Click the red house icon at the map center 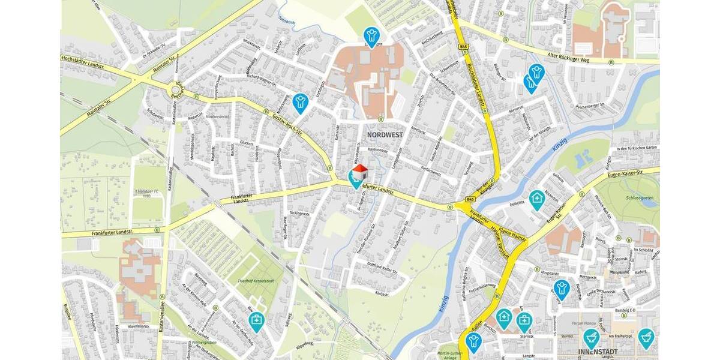point(359,173)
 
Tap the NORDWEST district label point(384,135)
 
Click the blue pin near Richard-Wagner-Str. point(301,103)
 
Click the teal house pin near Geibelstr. point(536,199)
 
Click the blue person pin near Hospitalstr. point(562,289)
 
